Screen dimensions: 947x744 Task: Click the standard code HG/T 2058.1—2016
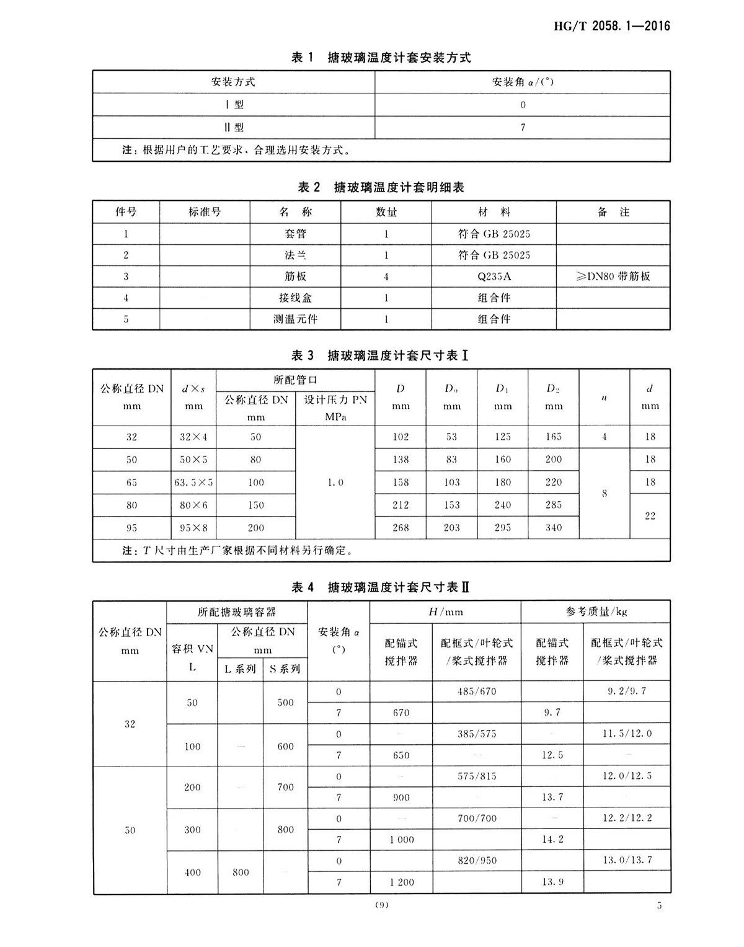611,26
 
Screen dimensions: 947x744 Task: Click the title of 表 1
381,58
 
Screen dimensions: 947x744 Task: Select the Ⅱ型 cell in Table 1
234,127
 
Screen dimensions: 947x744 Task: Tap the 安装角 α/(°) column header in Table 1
523,82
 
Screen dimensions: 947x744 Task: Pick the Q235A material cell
494,277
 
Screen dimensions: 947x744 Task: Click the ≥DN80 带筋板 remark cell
613,277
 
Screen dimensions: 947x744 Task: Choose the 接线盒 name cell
295,298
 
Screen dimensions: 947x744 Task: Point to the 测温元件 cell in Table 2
295,319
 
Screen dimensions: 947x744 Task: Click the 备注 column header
613,212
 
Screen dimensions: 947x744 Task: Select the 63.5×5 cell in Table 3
193,482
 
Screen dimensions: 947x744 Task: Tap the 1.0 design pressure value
335,482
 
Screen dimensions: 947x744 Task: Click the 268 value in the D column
401,528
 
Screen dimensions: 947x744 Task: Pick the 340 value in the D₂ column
554,528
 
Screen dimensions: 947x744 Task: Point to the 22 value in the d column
650,516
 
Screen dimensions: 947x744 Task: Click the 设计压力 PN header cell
335,407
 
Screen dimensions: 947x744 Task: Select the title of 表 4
381,587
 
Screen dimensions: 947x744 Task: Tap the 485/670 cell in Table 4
477,691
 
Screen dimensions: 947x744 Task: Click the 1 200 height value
401,882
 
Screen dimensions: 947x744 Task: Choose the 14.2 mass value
552,840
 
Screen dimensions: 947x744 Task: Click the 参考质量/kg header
596,611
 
